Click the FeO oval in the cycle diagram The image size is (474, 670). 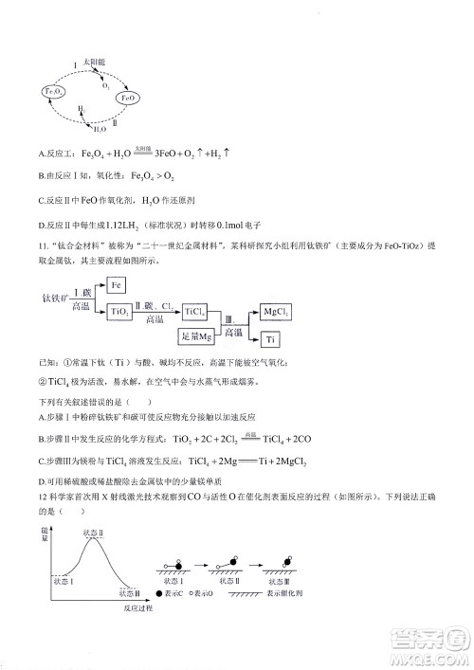pos(130,98)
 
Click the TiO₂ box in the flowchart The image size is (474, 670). pos(120,311)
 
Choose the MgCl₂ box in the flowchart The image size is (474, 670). pos(276,311)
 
